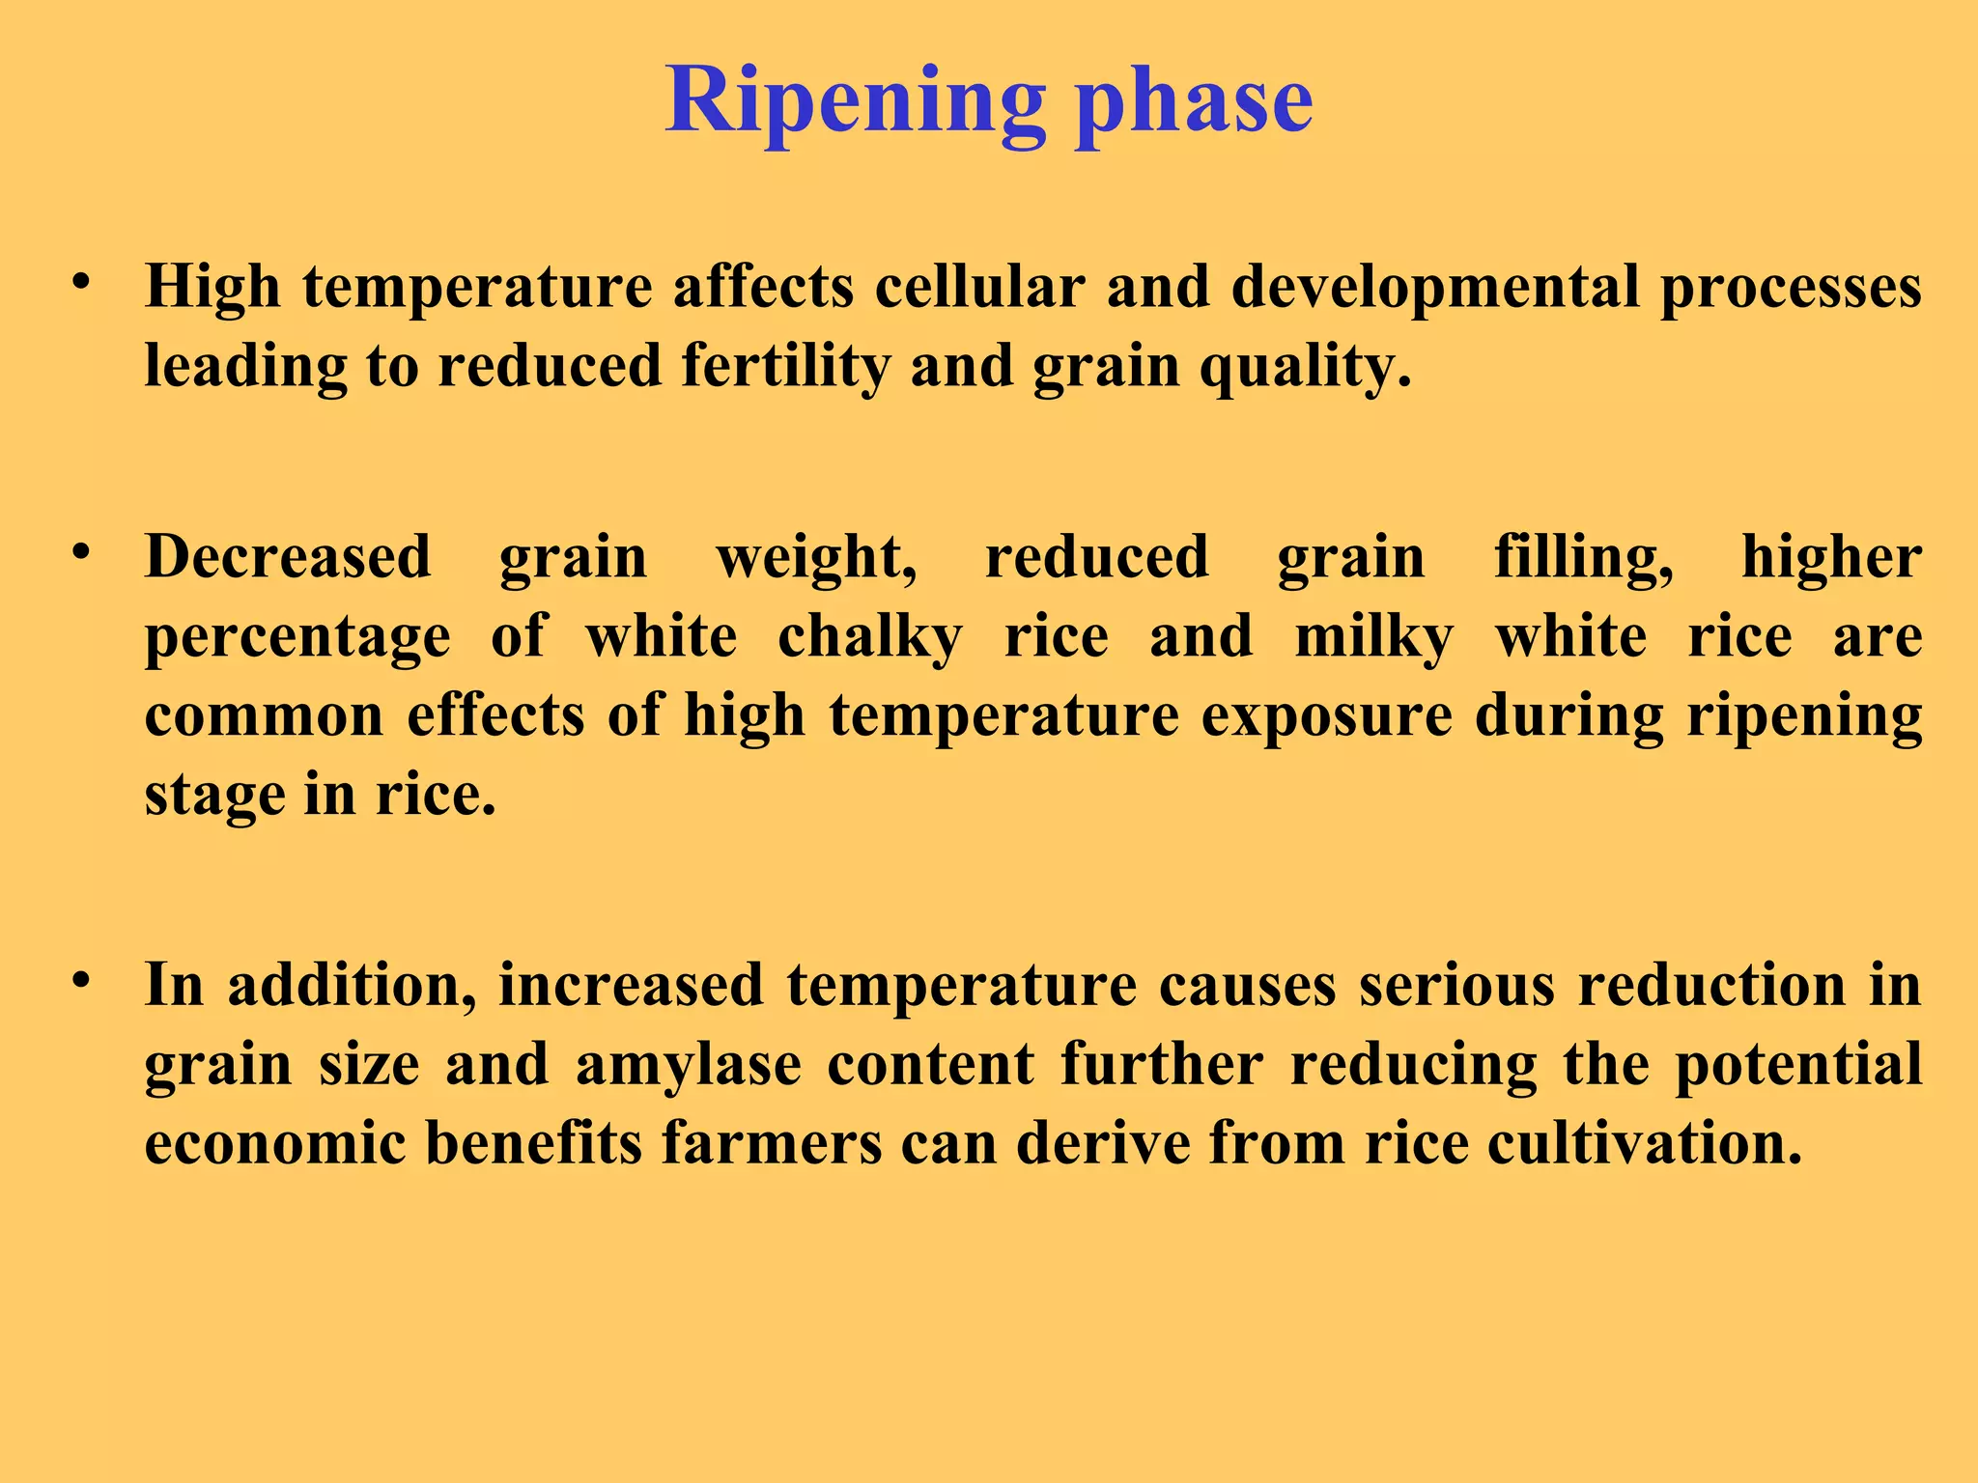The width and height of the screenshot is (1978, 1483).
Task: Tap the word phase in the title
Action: [x=1195, y=101]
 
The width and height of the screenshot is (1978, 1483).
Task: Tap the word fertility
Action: [x=784, y=367]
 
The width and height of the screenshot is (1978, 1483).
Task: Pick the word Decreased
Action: [x=288, y=557]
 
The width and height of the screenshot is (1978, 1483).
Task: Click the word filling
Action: [x=1583, y=557]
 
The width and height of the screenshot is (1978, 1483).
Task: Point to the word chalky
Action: [x=870, y=637]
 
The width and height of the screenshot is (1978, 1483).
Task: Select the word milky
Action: [x=1373, y=637]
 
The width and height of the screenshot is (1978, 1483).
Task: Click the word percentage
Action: [x=297, y=637]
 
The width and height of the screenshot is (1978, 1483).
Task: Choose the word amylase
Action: [x=688, y=1065]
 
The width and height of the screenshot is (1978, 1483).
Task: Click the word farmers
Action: [x=771, y=1143]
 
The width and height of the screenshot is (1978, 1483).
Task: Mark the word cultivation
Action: [x=1644, y=1143]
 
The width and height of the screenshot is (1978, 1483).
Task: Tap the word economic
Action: [x=274, y=1143]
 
